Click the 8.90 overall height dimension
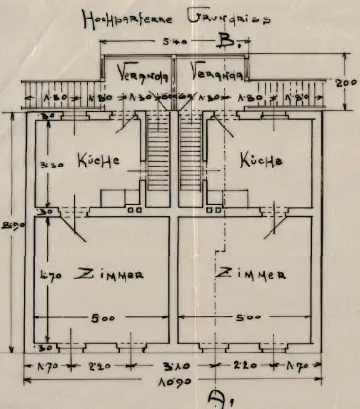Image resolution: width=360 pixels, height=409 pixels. coord(10,227)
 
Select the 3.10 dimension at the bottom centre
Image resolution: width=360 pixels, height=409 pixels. coord(176,367)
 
